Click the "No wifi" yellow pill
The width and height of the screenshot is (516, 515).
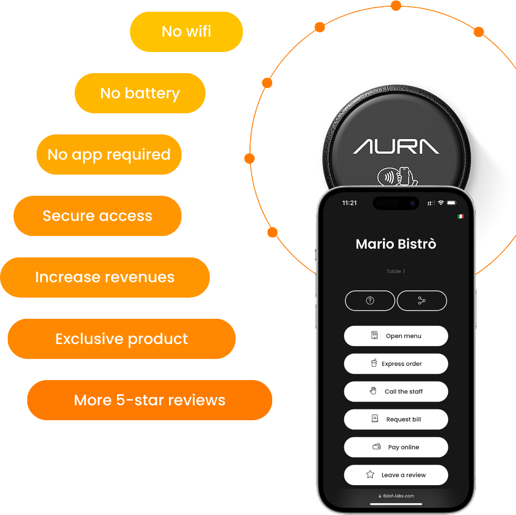coord(186,31)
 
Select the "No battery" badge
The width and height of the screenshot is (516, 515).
coord(140,93)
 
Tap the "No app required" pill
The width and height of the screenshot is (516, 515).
coord(109,154)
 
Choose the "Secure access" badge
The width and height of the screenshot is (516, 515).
coord(97,216)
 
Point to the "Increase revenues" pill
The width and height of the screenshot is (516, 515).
coord(105,277)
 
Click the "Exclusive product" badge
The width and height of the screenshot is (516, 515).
coord(122,339)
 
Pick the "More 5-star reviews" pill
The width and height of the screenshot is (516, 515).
coord(149,400)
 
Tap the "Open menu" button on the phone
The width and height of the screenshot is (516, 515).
coord(396,336)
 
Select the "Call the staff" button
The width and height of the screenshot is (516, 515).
coord(396,391)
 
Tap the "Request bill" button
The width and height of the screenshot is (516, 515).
coord(396,419)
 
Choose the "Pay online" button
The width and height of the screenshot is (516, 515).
coord(396,447)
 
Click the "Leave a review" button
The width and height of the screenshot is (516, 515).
coord(396,475)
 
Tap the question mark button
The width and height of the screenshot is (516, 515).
coord(370,301)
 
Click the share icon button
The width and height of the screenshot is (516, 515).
coord(422,301)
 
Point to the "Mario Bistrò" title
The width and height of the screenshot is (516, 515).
coord(396,244)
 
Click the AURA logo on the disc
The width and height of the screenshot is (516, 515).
coord(396,146)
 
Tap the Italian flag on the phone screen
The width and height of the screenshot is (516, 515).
coord(460,216)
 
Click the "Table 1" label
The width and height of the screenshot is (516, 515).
coord(396,271)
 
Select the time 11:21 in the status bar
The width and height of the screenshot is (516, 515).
coord(349,203)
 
